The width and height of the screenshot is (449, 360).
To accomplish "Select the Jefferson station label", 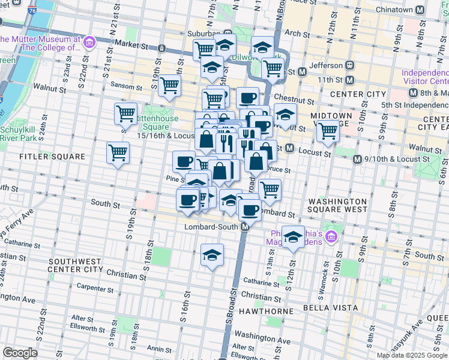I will point(325,65).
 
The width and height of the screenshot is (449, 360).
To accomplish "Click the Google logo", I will point(20,353).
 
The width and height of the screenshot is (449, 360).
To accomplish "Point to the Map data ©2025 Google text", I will point(412,355).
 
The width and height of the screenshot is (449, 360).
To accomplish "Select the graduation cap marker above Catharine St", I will point(212,255).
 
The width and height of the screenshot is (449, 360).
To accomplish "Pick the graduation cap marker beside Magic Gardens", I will point(293,236).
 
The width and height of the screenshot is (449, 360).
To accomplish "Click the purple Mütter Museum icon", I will point(89,42).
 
